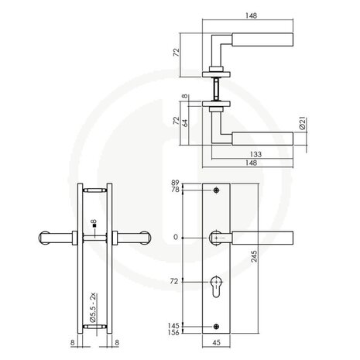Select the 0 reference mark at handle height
(177, 237)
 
